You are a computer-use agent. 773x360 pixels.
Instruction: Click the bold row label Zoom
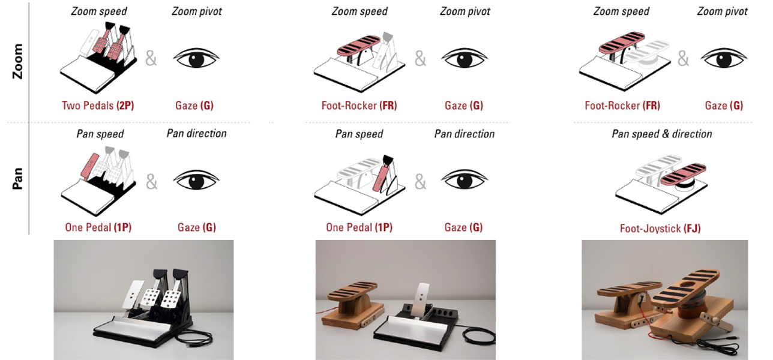tap(17, 61)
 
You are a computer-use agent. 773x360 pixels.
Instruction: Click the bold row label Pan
tap(17, 178)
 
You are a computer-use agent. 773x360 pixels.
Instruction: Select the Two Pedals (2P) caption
tap(98, 105)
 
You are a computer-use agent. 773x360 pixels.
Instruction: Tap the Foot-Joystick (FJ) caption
tap(660, 228)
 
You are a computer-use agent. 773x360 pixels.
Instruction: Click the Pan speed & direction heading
tap(662, 134)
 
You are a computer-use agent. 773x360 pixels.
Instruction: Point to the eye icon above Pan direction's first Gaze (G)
tap(196, 179)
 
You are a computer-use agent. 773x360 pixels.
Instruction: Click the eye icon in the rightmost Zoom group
tap(724, 58)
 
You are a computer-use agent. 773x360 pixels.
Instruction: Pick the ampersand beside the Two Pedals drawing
tap(151, 58)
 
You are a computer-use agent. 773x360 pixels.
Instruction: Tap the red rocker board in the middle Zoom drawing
tap(360, 45)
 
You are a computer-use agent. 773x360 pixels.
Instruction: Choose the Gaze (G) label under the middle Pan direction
tap(463, 227)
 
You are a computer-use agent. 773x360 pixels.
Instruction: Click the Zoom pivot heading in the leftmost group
tap(197, 11)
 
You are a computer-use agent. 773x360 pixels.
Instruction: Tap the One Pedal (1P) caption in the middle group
tap(359, 227)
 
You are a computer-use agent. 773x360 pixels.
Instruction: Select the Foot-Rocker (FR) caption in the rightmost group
tap(622, 105)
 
